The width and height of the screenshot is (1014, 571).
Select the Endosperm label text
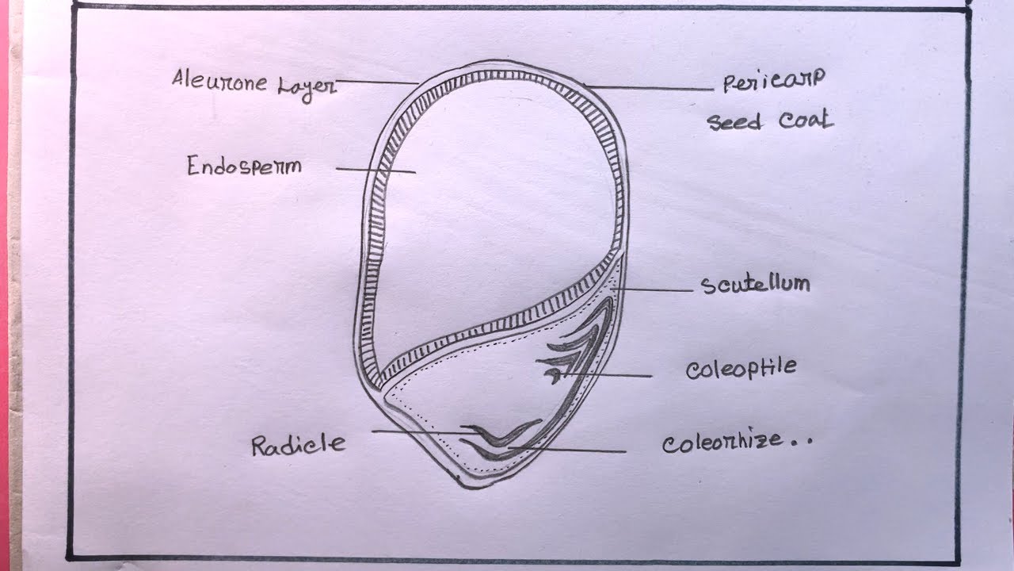[245, 167]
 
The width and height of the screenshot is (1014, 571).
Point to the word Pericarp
[774, 81]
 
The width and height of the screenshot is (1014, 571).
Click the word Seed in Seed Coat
[734, 122]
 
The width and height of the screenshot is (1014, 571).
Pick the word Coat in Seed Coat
[806, 121]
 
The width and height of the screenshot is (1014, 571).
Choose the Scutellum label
[755, 284]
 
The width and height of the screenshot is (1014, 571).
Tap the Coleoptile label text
[741, 370]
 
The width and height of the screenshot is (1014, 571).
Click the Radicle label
[299, 444]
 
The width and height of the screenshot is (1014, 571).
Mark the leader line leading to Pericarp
[650, 87]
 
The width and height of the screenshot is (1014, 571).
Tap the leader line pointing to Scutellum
[654, 289]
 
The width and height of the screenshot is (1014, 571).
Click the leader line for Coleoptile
[610, 374]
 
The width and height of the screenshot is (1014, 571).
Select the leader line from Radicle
[420, 432]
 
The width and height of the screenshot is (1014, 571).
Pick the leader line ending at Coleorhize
[570, 450]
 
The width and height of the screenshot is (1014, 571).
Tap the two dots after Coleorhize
[801, 443]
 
